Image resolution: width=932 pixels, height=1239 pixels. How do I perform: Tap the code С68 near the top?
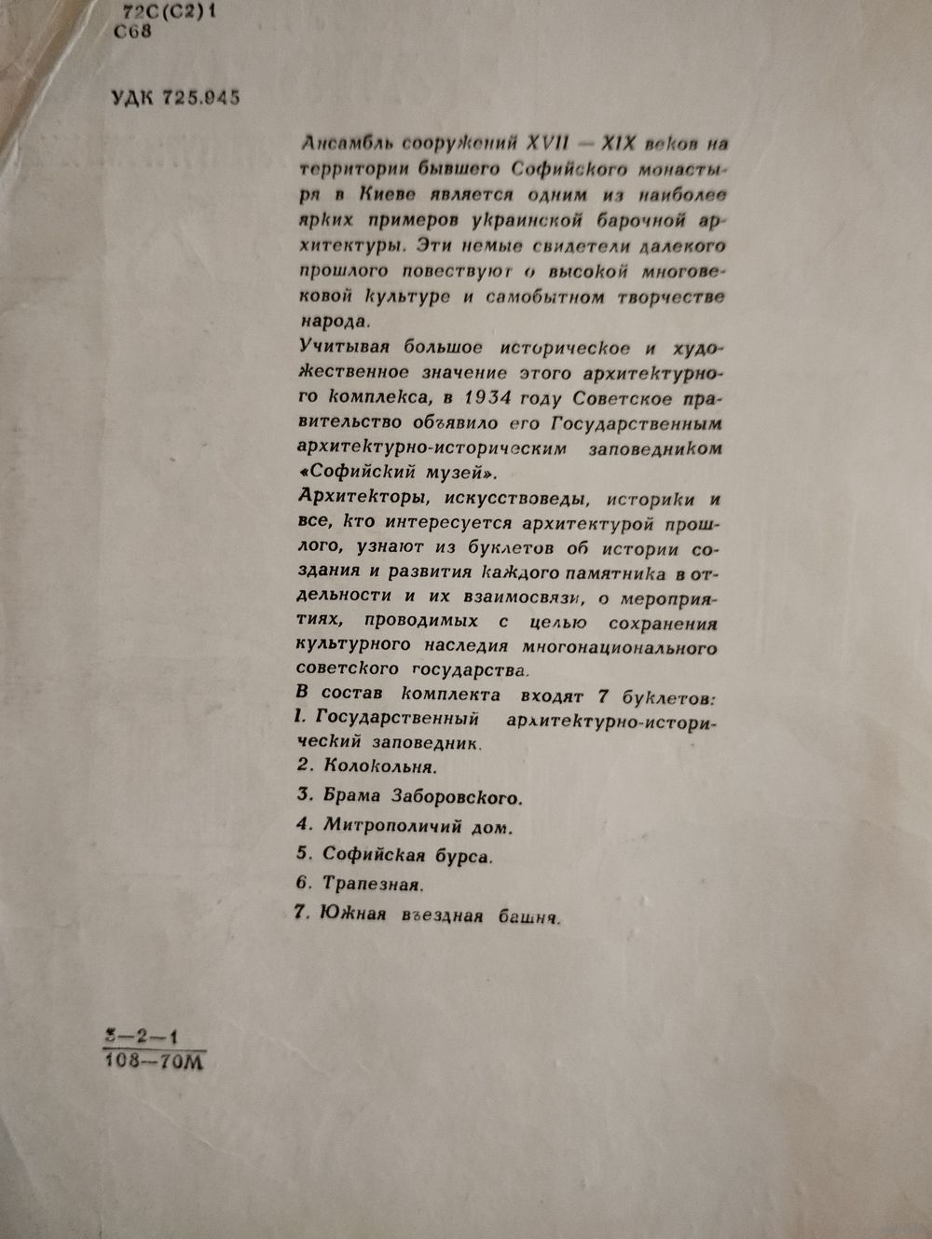tap(131, 32)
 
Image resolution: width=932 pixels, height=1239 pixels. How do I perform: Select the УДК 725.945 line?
tap(175, 98)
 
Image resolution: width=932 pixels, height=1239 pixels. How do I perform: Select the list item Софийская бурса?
tap(407, 855)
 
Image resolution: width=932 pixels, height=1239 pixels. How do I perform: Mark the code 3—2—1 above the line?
tap(143, 1035)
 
